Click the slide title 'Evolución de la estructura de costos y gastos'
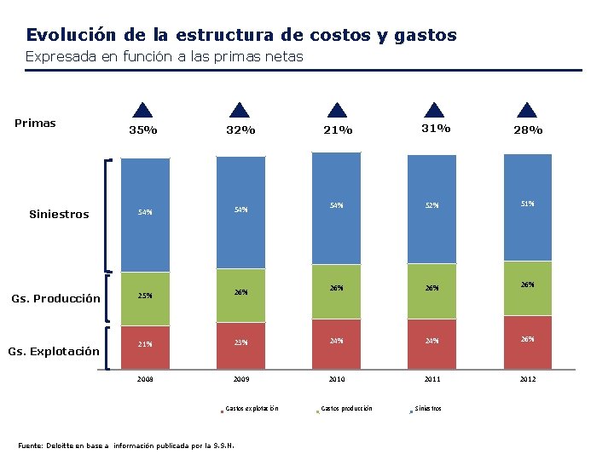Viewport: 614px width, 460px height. pos(241,35)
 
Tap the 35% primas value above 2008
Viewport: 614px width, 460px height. pos(142,130)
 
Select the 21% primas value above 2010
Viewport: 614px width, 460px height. pos(339,129)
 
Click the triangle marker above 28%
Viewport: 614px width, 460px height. pos(528,110)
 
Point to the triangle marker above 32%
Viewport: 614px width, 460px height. pos(240,110)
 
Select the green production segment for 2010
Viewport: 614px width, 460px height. pos(337,290)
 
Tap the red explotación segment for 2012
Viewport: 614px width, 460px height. pos(528,338)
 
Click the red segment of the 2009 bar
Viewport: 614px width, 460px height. pos(240,342)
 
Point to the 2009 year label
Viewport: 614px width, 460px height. pos(240,379)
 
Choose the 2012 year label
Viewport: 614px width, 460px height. pos(528,378)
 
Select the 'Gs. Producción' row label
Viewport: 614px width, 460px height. pos(55,298)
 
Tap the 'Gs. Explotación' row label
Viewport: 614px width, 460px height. pos(54,351)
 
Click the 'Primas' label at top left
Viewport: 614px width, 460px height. pos(35,124)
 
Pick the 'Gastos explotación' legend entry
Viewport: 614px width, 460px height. pos(251,409)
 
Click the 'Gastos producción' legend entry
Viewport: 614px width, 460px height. pos(345,409)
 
